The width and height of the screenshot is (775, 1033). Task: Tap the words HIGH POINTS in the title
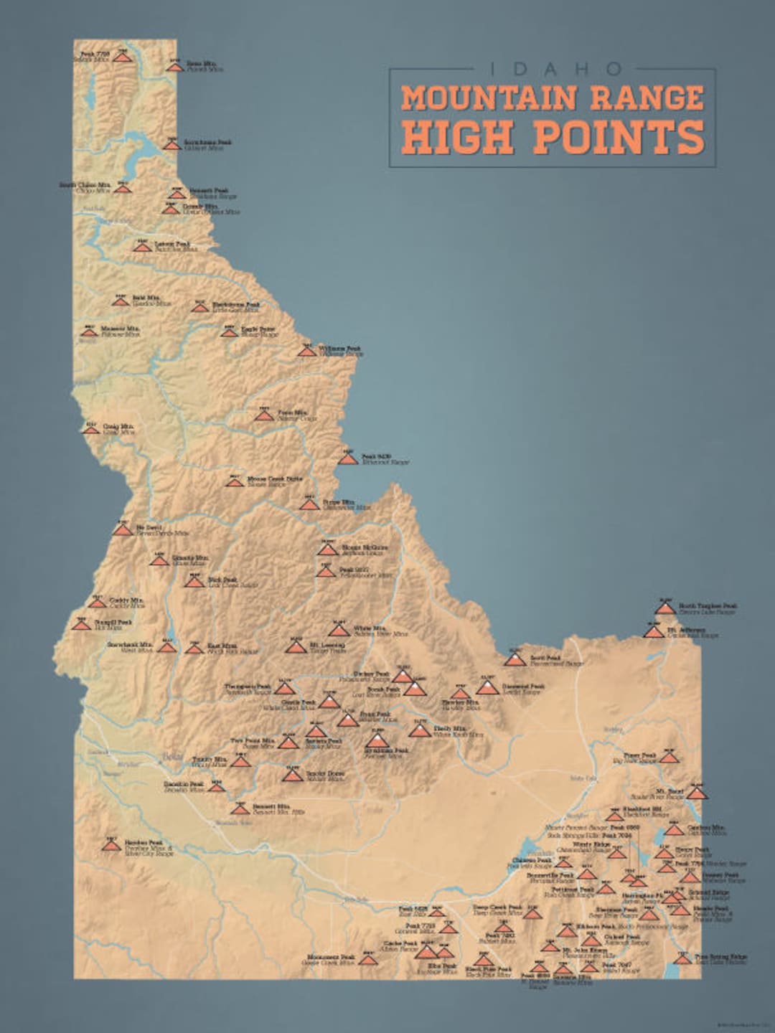(553, 136)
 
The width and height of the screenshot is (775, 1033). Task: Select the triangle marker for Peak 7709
(123, 57)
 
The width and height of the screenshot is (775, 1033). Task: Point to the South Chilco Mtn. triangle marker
(123, 188)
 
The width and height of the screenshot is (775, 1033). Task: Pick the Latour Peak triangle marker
(141, 247)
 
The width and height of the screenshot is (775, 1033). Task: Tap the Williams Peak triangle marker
(307, 351)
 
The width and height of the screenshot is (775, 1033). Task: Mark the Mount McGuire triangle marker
(327, 550)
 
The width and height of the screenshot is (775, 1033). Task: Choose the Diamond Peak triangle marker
(488, 689)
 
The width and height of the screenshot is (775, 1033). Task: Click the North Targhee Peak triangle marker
(664, 609)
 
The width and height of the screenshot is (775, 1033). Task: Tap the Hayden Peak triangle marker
(111, 846)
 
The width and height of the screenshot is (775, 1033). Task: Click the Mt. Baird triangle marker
(696, 793)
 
